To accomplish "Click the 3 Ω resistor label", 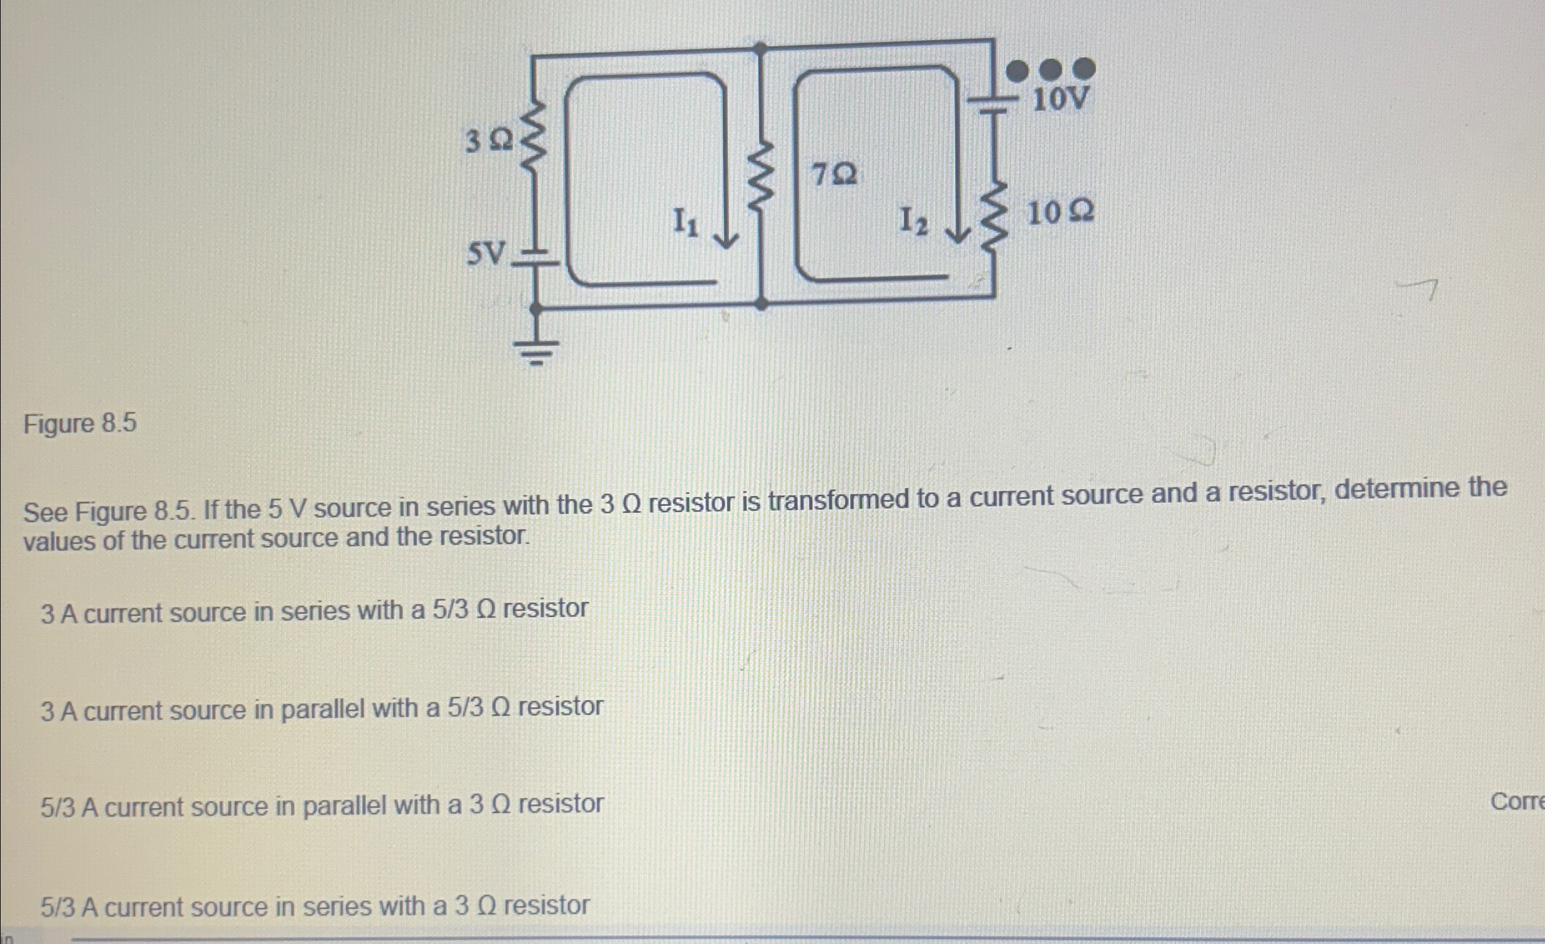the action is (488, 142).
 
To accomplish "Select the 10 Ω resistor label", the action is (1061, 213).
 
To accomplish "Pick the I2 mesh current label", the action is (914, 221).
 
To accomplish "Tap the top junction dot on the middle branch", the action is (760, 47).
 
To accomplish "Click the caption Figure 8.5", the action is (80, 424).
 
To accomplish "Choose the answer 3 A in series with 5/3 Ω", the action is (314, 611).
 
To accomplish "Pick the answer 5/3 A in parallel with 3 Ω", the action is (321, 806).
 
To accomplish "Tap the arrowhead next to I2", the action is (958, 235).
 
